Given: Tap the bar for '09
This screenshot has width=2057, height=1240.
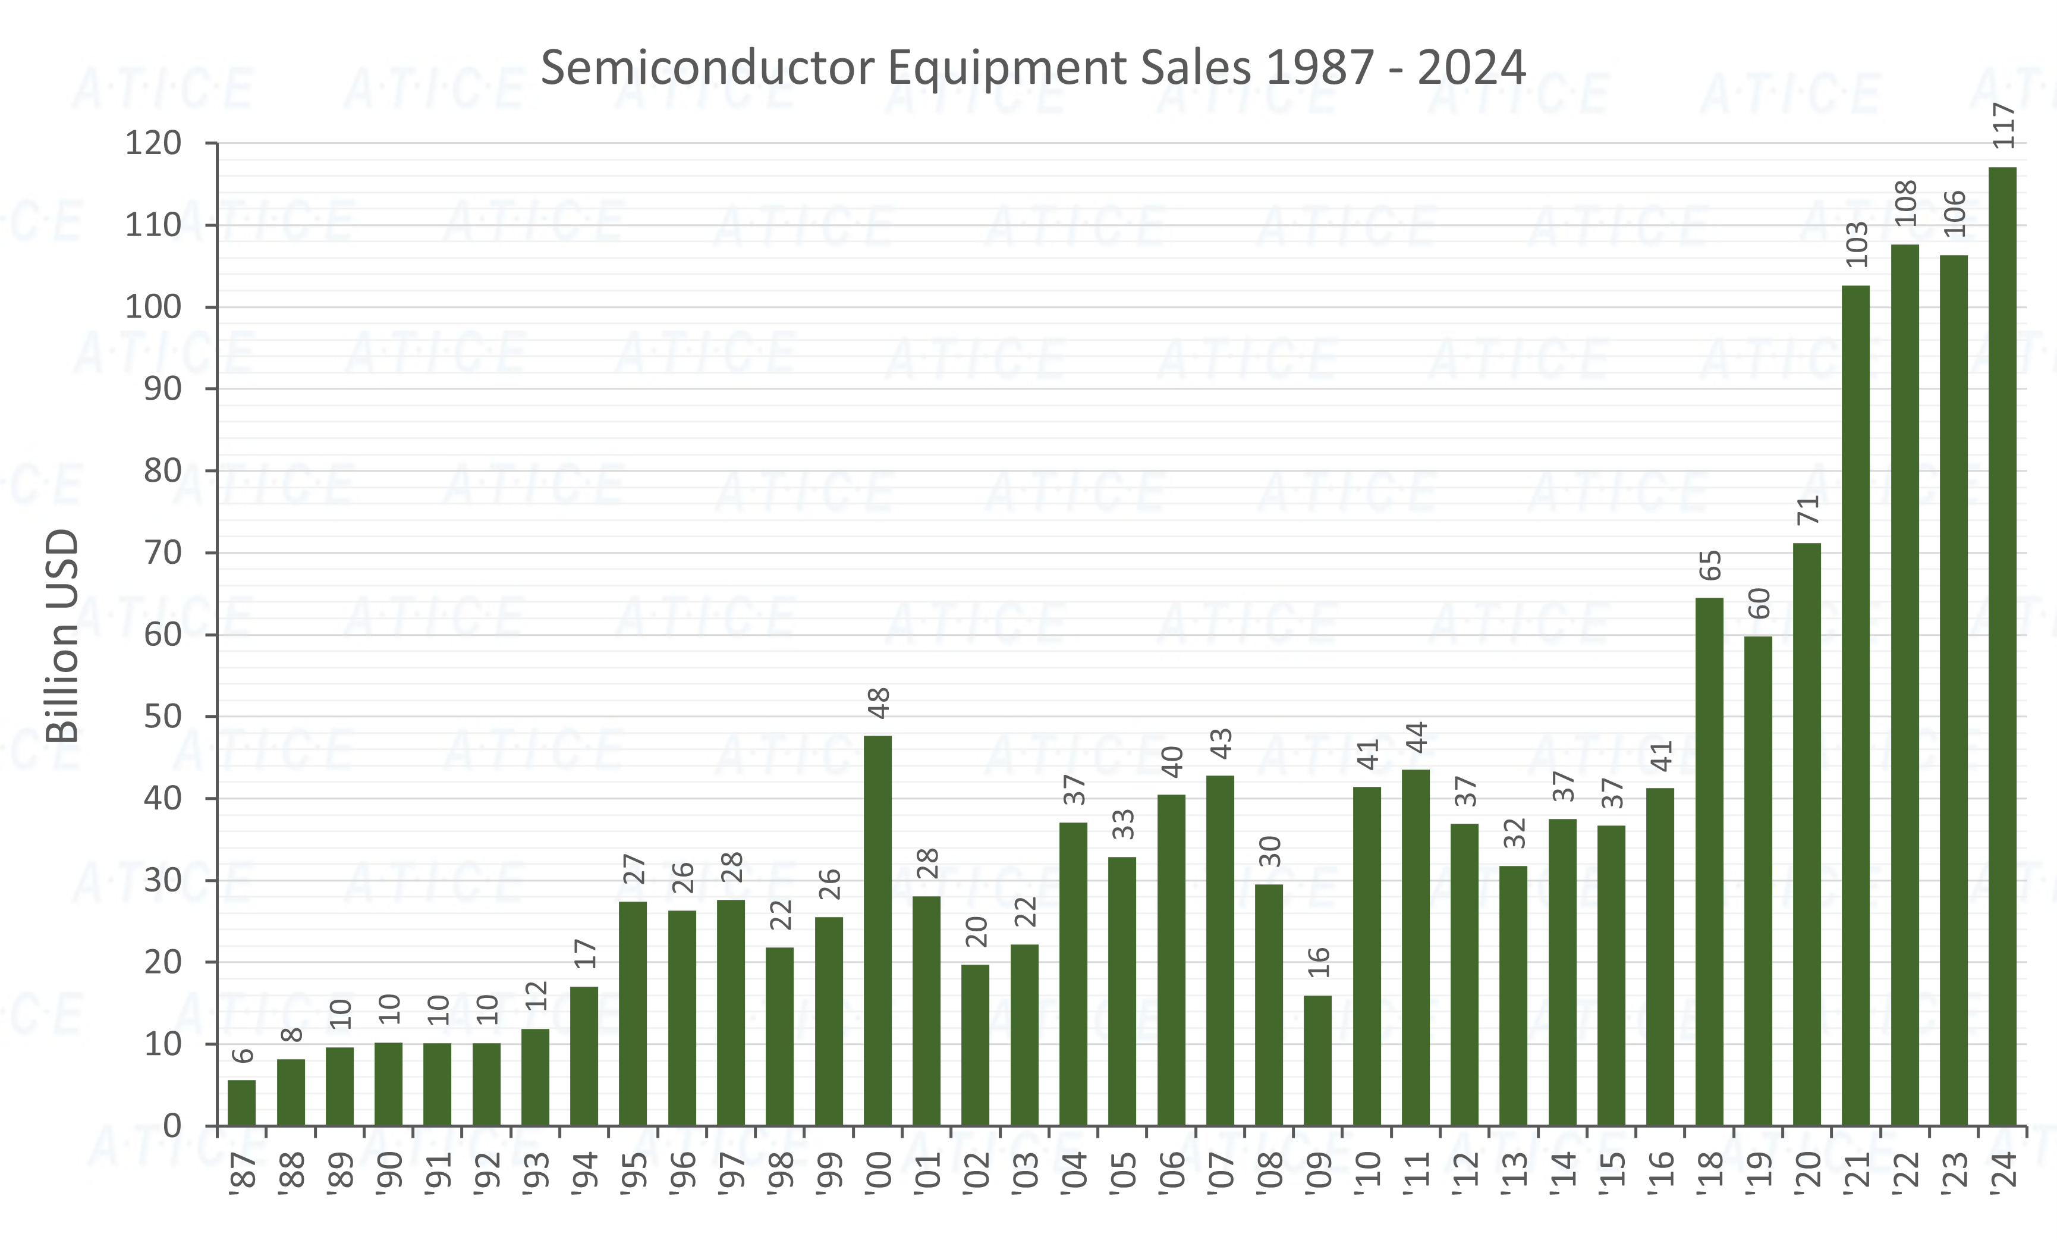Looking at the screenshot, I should (x=1317, y=1060).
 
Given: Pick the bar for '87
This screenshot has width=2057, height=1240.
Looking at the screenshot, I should (x=242, y=1102).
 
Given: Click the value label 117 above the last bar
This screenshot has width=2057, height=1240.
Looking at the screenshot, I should (x=2003, y=126).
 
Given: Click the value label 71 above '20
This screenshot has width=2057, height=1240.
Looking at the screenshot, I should (x=1807, y=510).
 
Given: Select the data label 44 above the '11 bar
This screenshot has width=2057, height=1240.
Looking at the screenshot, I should (x=1417, y=737).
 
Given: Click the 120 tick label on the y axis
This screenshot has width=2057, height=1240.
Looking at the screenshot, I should (x=153, y=143).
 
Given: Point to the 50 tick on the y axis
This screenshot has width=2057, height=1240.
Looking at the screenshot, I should (x=163, y=717).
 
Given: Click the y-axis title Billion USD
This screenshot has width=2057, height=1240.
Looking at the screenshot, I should (x=62, y=636).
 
